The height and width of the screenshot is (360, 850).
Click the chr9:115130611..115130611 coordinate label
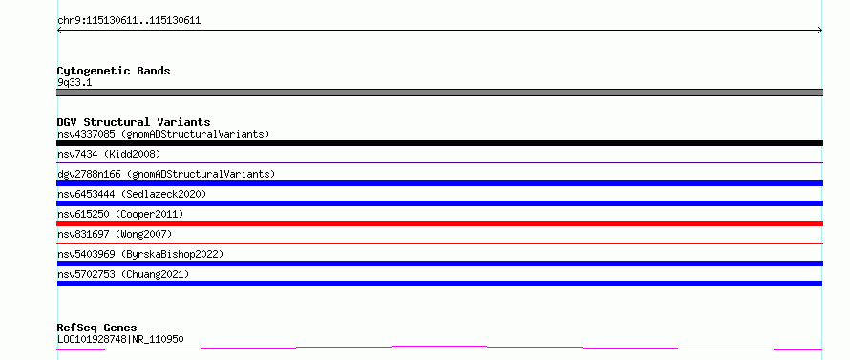(x=129, y=21)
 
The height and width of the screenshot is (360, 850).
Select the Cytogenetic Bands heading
(x=114, y=71)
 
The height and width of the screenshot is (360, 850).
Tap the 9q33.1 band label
(x=74, y=83)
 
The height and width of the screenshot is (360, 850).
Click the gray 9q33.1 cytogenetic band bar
(x=439, y=93)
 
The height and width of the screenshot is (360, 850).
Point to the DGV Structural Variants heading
(x=134, y=122)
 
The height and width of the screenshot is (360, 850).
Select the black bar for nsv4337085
(x=439, y=143)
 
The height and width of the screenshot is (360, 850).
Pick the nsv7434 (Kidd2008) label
(x=109, y=154)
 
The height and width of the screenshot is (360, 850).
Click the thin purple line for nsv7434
(x=439, y=162)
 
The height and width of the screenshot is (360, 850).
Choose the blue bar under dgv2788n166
(x=439, y=183)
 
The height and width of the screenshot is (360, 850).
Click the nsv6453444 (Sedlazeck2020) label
(x=132, y=194)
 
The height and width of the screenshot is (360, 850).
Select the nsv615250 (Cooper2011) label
(x=120, y=214)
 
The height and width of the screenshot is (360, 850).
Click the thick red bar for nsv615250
(x=439, y=223)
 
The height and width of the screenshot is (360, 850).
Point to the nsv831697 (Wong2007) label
(x=115, y=234)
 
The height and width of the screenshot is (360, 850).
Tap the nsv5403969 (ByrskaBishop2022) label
(x=140, y=254)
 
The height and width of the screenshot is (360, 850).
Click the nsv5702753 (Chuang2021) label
(x=123, y=274)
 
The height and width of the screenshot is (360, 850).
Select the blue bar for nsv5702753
(x=439, y=284)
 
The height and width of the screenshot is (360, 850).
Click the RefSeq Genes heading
(x=97, y=328)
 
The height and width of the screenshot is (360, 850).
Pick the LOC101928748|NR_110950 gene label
(x=120, y=339)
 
